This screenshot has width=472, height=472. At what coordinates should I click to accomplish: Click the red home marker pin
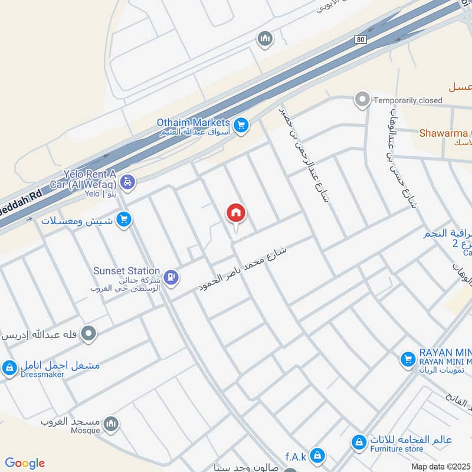[x=236, y=213]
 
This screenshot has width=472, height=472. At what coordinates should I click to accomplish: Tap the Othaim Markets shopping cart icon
[x=240, y=124]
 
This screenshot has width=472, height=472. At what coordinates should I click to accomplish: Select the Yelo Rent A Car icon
[x=127, y=181]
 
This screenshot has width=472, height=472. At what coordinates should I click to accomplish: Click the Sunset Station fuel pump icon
[x=171, y=276]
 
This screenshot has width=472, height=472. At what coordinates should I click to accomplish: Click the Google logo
[x=25, y=463]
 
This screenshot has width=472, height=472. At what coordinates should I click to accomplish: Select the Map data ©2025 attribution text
[x=441, y=467]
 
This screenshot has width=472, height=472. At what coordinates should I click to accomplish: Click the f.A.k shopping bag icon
[x=318, y=455]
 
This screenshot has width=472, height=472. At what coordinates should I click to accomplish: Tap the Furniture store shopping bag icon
[x=358, y=441]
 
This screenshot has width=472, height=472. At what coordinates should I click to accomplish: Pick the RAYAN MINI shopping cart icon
[x=407, y=358]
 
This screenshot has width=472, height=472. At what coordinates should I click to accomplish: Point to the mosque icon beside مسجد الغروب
[x=111, y=424]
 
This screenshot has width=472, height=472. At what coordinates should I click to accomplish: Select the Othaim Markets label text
[x=192, y=122]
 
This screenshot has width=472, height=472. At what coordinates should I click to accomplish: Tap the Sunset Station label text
[x=126, y=270]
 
